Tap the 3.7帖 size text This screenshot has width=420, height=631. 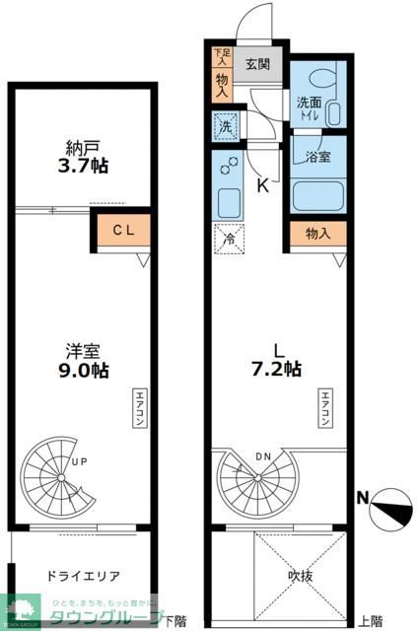(x=83, y=167)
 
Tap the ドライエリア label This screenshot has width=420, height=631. (x=83, y=575)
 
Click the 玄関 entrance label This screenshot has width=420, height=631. (x=258, y=64)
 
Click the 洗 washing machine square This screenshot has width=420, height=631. (x=225, y=126)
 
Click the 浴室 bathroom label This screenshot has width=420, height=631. (x=316, y=157)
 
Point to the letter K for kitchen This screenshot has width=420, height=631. (x=263, y=184)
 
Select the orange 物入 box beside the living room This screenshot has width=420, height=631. (x=317, y=234)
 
